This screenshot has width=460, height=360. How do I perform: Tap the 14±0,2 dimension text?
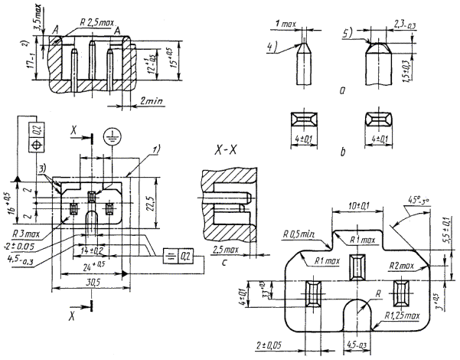(x=91, y=250)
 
